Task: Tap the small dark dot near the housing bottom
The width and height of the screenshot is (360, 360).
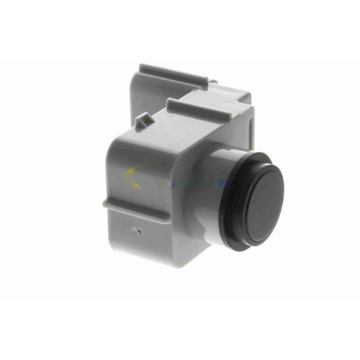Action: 136,231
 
